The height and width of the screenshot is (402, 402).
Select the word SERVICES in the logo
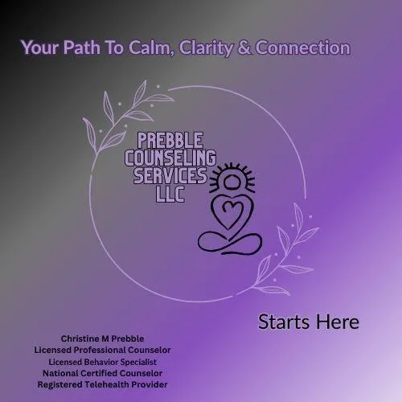click(167, 174)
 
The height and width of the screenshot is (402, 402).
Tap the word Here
click(338, 322)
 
